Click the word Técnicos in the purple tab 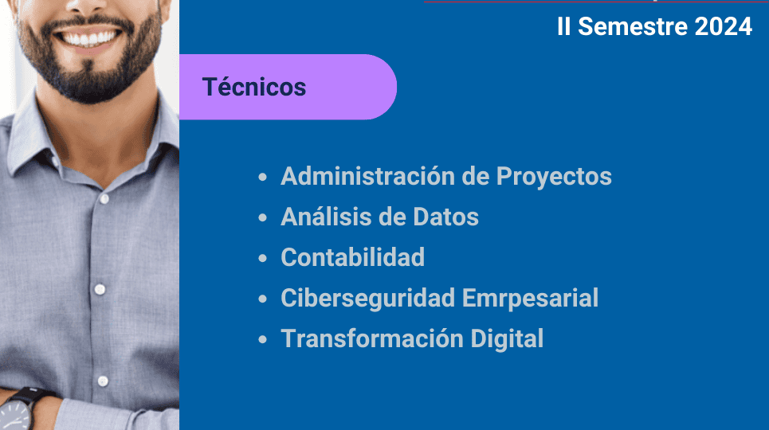click(254, 87)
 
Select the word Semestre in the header click(633, 26)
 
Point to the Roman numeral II click(564, 26)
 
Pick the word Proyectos click(554, 178)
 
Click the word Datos click(445, 217)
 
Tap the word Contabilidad click(352, 257)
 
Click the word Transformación click(371, 338)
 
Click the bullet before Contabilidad click(262, 258)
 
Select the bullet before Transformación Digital click(262, 339)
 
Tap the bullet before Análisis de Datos click(262, 217)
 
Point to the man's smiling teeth click(91, 39)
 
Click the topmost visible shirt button click(104, 199)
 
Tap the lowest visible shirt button click(103, 381)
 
